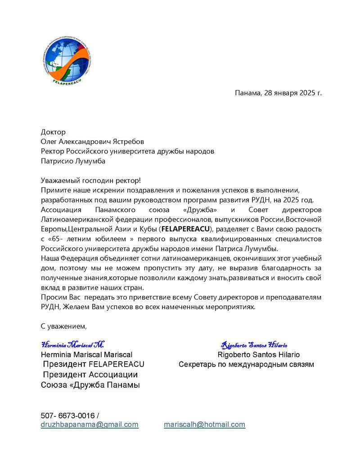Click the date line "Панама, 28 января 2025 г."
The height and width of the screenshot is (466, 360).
278,93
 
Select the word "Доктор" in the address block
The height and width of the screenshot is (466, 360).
53,132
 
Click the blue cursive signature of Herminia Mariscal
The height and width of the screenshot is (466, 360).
72,345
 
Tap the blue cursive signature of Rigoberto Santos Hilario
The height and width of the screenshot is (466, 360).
254,345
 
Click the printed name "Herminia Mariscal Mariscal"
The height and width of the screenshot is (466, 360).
86,355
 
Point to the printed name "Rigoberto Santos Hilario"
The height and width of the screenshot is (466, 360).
258,355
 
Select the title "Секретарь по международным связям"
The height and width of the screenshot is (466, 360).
246,364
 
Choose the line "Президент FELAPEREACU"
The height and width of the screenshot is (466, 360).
94,364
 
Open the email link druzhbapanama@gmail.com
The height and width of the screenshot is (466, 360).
90,425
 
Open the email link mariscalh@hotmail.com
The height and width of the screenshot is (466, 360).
204,425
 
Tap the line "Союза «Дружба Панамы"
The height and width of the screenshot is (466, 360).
90,385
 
